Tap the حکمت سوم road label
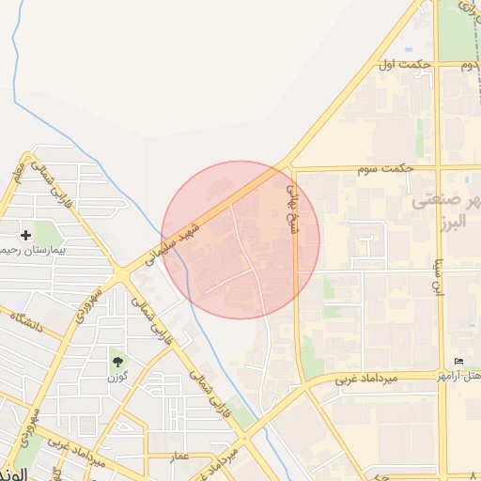pos(385,168)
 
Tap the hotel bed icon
pos(458,362)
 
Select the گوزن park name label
pos(117,377)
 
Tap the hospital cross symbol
pos(25,234)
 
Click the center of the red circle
pos(240,240)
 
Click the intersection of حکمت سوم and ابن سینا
pos(437,168)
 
